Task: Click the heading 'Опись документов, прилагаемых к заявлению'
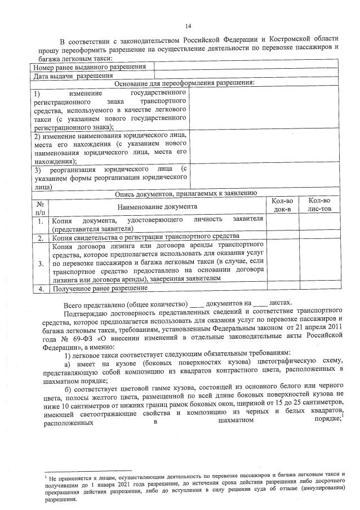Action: (x=186, y=193)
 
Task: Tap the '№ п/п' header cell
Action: (x=40, y=207)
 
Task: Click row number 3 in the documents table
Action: (x=40, y=263)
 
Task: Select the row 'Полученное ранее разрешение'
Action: (x=100, y=289)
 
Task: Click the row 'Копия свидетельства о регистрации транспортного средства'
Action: (x=146, y=238)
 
